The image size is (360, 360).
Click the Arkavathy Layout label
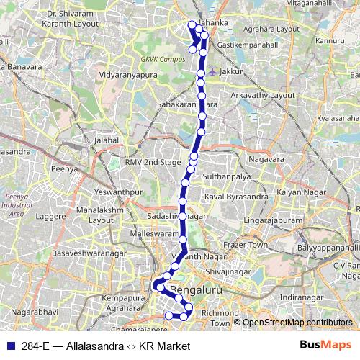click(x=268, y=94)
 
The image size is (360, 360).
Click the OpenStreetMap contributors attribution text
click(x=297, y=323)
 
